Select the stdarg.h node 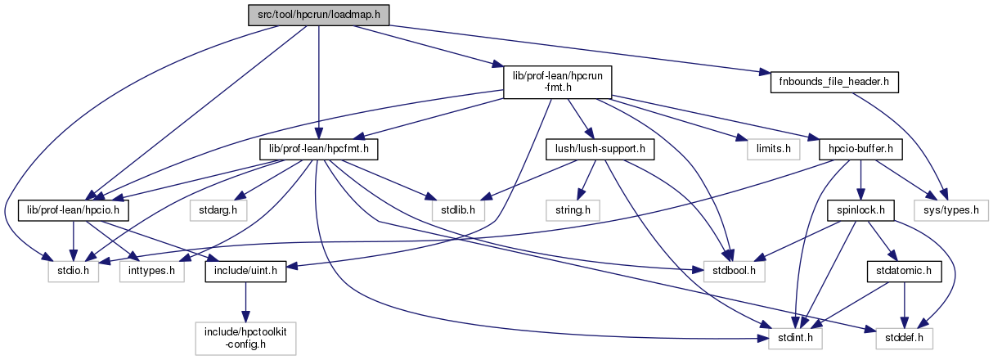coord(217,210)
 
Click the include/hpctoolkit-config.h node coord(245,336)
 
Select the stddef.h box coord(903,336)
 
